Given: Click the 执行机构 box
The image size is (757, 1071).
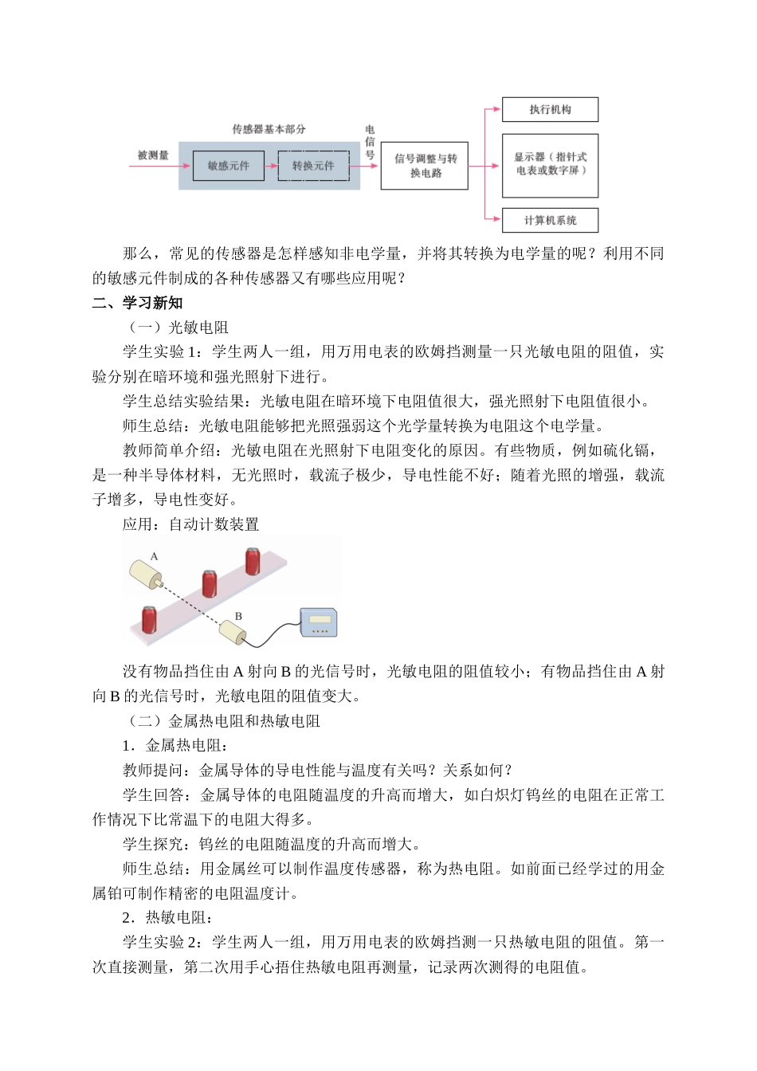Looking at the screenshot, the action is [x=550, y=110].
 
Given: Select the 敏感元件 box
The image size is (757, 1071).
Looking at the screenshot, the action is [x=229, y=166].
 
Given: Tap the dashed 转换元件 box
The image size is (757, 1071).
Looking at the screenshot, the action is [x=313, y=166].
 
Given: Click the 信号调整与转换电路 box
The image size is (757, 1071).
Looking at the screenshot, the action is [x=425, y=166].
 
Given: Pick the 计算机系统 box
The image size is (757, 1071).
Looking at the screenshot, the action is [x=550, y=221].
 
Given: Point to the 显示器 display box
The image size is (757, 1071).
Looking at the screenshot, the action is [x=550, y=165].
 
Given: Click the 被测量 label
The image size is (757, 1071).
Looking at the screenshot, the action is [x=153, y=155].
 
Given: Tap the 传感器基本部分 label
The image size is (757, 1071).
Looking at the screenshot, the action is [x=269, y=129].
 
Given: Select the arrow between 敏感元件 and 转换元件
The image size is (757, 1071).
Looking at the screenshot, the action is [x=271, y=166].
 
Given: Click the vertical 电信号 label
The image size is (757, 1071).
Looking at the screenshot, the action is [x=370, y=142].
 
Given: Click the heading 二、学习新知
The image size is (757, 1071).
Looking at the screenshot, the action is [x=137, y=303].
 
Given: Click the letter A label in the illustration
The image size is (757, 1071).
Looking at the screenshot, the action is [x=155, y=556].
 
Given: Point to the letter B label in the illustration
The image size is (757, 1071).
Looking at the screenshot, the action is [x=237, y=616].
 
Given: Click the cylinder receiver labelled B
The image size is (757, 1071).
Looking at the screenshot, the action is [x=232, y=632].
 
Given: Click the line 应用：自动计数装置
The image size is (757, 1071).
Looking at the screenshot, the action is [x=190, y=524].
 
